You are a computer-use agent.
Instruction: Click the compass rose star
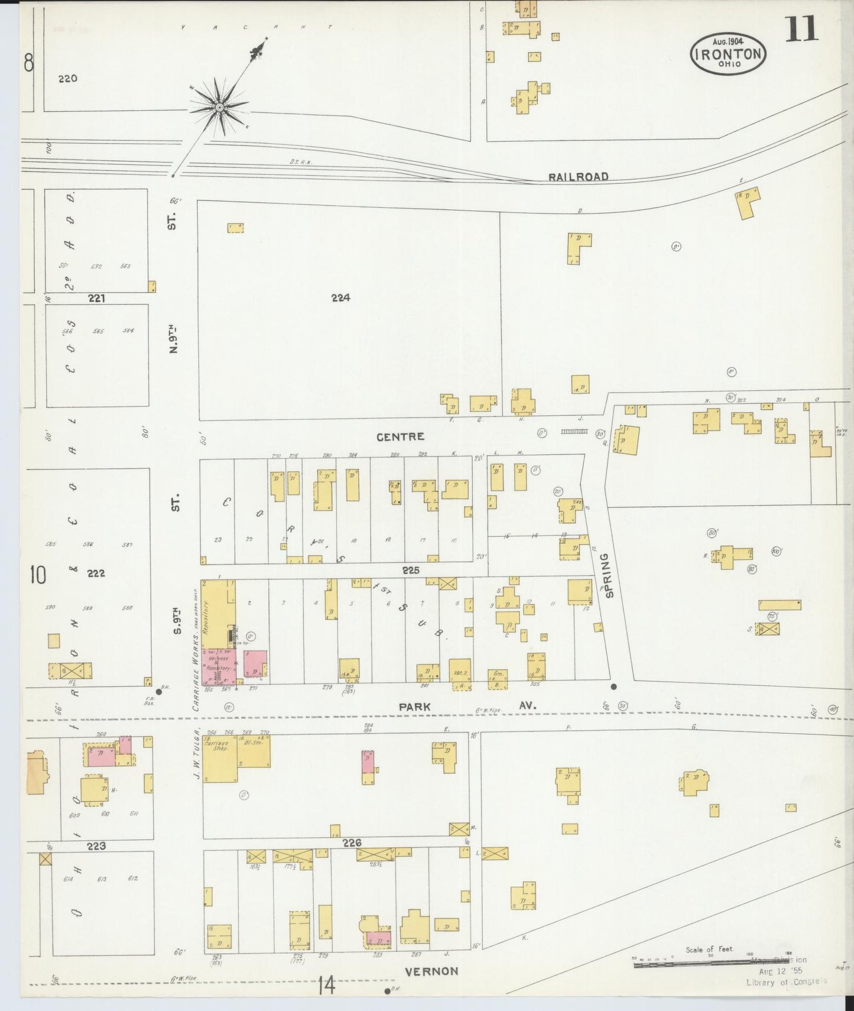pos(219,107)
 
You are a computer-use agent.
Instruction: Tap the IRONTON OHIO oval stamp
pos(728,53)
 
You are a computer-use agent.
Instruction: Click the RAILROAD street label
pos(577,177)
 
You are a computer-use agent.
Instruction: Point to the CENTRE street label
pos(400,437)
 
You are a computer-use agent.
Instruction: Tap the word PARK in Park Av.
pos(414,707)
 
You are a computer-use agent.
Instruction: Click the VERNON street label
pos(431,971)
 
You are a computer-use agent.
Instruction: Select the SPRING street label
pos(610,575)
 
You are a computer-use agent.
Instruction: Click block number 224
pos(341,298)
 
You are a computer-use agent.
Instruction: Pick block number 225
pos(411,570)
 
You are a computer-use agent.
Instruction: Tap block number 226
pos(352,842)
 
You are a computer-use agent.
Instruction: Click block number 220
pos(68,78)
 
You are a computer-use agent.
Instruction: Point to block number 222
pos(96,573)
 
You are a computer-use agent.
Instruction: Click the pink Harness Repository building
pos(217,666)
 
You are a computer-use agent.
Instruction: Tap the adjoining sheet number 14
pos(326,986)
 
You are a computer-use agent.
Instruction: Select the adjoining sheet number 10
pos(37,575)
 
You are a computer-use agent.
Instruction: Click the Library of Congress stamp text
pos(786,982)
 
